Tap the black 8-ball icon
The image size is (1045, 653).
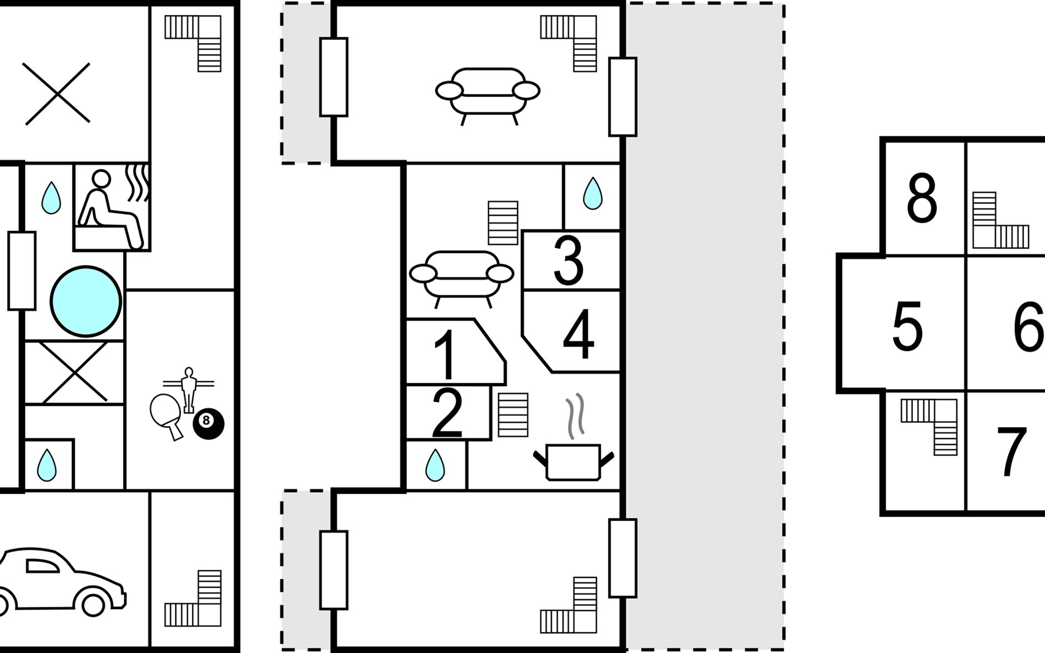(x=208, y=422)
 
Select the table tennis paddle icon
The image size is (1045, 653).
(x=165, y=414)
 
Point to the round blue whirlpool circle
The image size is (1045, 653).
(x=86, y=301)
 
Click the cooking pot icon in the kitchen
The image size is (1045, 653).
(x=573, y=460)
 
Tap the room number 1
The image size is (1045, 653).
(x=446, y=355)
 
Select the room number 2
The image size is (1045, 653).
(x=447, y=414)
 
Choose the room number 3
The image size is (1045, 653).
(x=569, y=261)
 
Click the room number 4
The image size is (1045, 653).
(x=579, y=335)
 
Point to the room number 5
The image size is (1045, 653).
(x=907, y=326)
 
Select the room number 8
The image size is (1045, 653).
(x=921, y=199)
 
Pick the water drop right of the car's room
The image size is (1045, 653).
(x=47, y=465)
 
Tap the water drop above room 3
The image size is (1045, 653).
(x=592, y=193)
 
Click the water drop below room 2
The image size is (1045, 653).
(x=434, y=465)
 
